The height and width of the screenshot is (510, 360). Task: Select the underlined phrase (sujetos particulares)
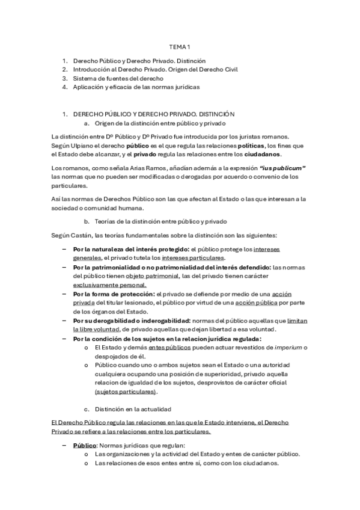click(x=126, y=391)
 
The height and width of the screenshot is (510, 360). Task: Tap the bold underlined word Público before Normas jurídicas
click(x=85, y=445)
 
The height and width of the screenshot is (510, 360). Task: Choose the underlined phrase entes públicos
click(x=164, y=348)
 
